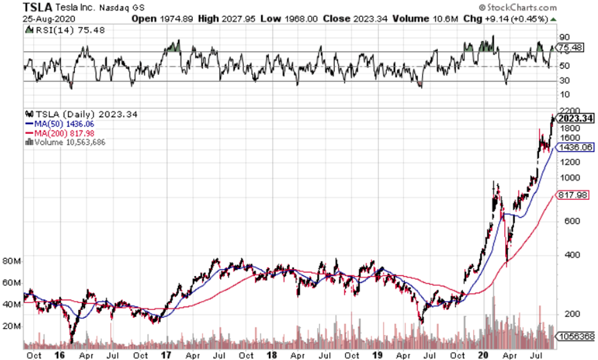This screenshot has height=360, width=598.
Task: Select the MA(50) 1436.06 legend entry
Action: point(61,124)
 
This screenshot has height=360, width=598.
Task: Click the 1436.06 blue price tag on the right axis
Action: point(575,147)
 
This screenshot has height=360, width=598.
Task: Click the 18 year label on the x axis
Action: point(271,354)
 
